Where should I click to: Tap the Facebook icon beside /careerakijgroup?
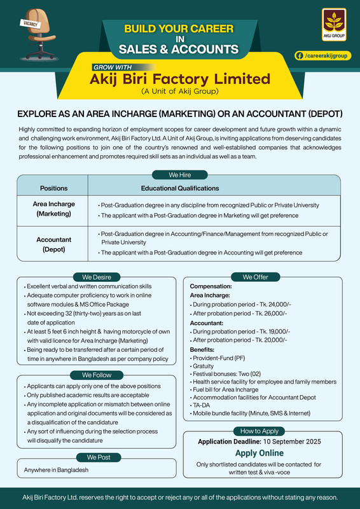(x=299, y=56)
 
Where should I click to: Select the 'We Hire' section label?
(x=180, y=174)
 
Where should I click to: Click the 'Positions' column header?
(x=53, y=188)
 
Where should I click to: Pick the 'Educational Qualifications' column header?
(x=181, y=188)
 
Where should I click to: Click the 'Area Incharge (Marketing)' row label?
(x=53, y=210)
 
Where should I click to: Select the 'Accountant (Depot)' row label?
(x=53, y=244)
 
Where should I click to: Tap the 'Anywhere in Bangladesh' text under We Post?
(x=57, y=470)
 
